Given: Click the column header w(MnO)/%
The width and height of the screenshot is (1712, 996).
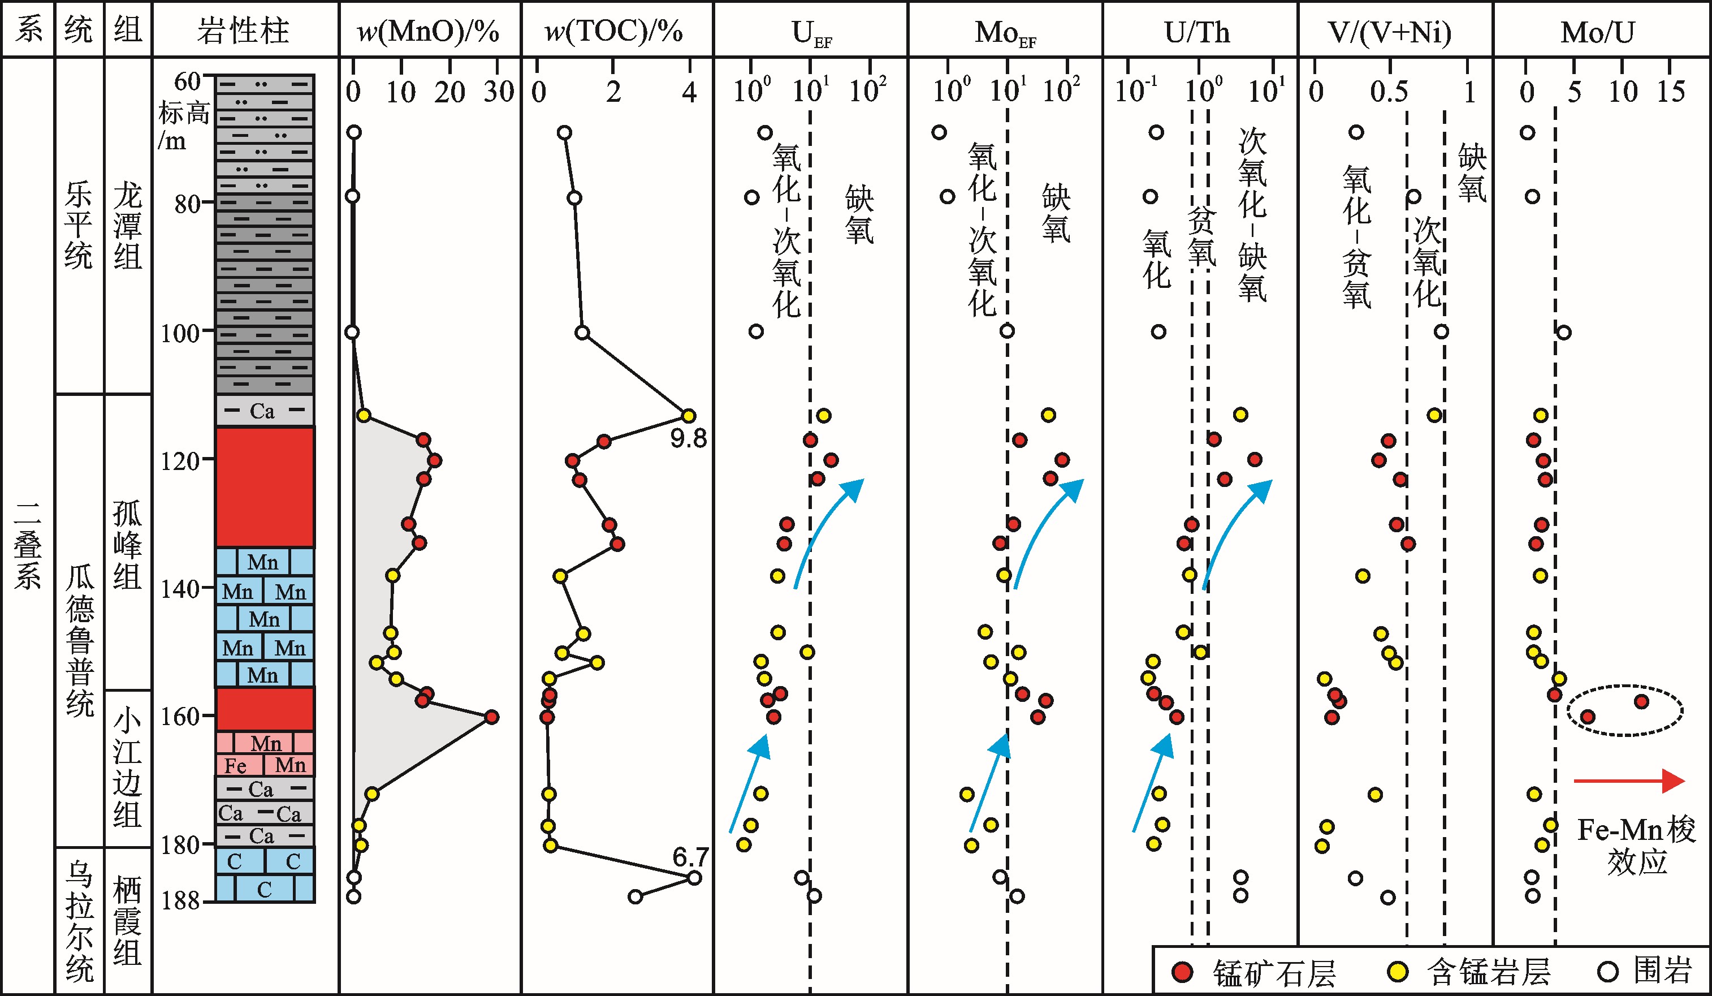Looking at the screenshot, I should (429, 31).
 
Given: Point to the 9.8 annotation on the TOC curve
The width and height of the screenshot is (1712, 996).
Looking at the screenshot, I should (688, 439).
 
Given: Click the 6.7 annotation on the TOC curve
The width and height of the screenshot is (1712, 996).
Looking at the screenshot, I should (690, 857).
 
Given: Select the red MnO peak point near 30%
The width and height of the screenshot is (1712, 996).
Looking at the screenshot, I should (492, 717).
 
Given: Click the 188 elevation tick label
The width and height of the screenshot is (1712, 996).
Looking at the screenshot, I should (180, 901).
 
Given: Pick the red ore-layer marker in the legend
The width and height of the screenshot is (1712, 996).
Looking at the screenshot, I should (1182, 972).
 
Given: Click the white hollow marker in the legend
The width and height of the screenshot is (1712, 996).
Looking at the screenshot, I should (1607, 972).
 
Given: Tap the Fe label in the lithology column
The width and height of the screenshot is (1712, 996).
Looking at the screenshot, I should (236, 766).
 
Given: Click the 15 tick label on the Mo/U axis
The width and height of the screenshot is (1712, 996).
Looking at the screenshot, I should (1671, 92).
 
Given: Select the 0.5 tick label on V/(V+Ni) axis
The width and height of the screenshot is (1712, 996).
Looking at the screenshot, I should (1389, 92).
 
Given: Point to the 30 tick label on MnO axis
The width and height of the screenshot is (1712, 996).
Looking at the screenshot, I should (499, 92).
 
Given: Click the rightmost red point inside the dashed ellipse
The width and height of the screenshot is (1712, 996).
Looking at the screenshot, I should (1641, 702).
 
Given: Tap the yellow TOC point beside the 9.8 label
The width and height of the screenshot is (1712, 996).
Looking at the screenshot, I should (688, 416).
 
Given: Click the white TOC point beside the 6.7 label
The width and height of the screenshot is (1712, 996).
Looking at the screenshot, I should (694, 877).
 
